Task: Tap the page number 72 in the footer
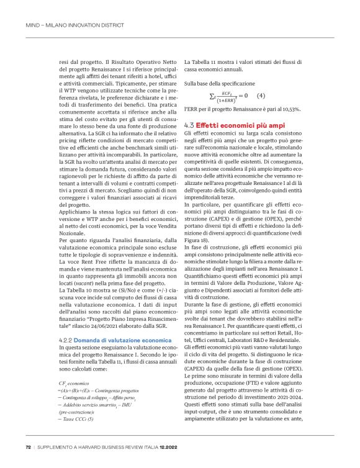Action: click(x=28, y=446)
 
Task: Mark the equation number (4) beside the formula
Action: click(x=261, y=95)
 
